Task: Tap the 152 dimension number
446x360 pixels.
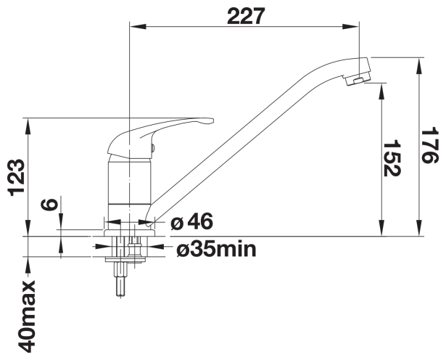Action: point(392,159)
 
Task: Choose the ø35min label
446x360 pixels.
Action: point(216,250)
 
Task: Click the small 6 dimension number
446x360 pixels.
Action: point(50,205)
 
